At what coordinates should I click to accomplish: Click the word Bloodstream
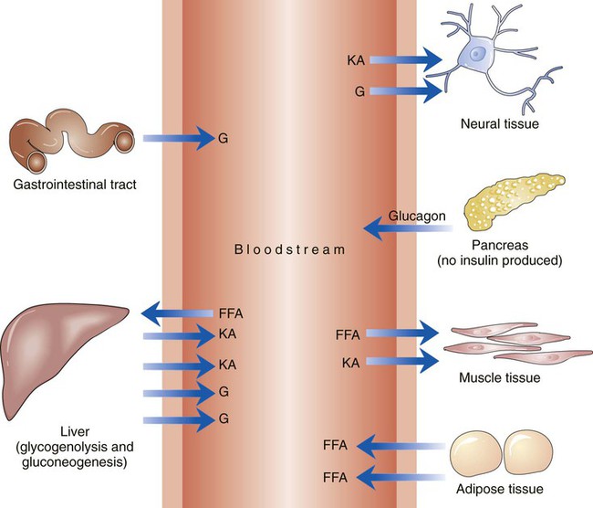click(290, 248)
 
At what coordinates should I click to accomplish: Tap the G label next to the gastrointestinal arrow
click(224, 140)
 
